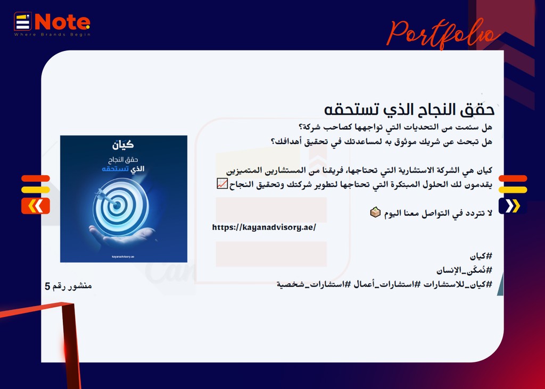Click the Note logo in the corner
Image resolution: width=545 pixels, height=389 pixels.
pyautogui.click(x=52, y=24)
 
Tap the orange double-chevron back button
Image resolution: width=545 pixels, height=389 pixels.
pyautogui.click(x=36, y=206)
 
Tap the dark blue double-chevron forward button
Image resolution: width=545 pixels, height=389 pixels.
pyautogui.click(x=513, y=206)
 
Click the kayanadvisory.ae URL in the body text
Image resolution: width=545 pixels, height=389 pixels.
pyautogui.click(x=264, y=227)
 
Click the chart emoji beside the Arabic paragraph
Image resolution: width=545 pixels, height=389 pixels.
pyautogui.click(x=222, y=183)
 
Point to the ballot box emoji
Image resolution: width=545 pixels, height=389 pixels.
pyautogui.click(x=375, y=212)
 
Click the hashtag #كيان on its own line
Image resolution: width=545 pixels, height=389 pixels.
pyautogui.click(x=481, y=256)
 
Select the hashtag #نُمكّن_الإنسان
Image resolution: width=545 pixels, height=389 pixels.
pyautogui.click(x=464, y=270)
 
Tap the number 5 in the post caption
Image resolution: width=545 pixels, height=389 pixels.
pyautogui.click(x=47, y=286)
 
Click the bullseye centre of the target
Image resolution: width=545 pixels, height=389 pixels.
pyautogui.click(x=117, y=205)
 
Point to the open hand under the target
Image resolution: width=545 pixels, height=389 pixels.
pyautogui.click(x=122, y=236)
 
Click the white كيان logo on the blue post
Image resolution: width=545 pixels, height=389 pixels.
pyautogui.click(x=123, y=145)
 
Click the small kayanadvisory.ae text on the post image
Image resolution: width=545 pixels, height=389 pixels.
pyautogui.click(x=123, y=257)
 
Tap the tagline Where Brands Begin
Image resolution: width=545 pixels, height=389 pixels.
pyautogui.click(x=52, y=35)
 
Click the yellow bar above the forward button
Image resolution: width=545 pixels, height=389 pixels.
pyautogui.click(x=513, y=190)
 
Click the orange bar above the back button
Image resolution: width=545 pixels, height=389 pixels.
pyautogui.click(x=36, y=179)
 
